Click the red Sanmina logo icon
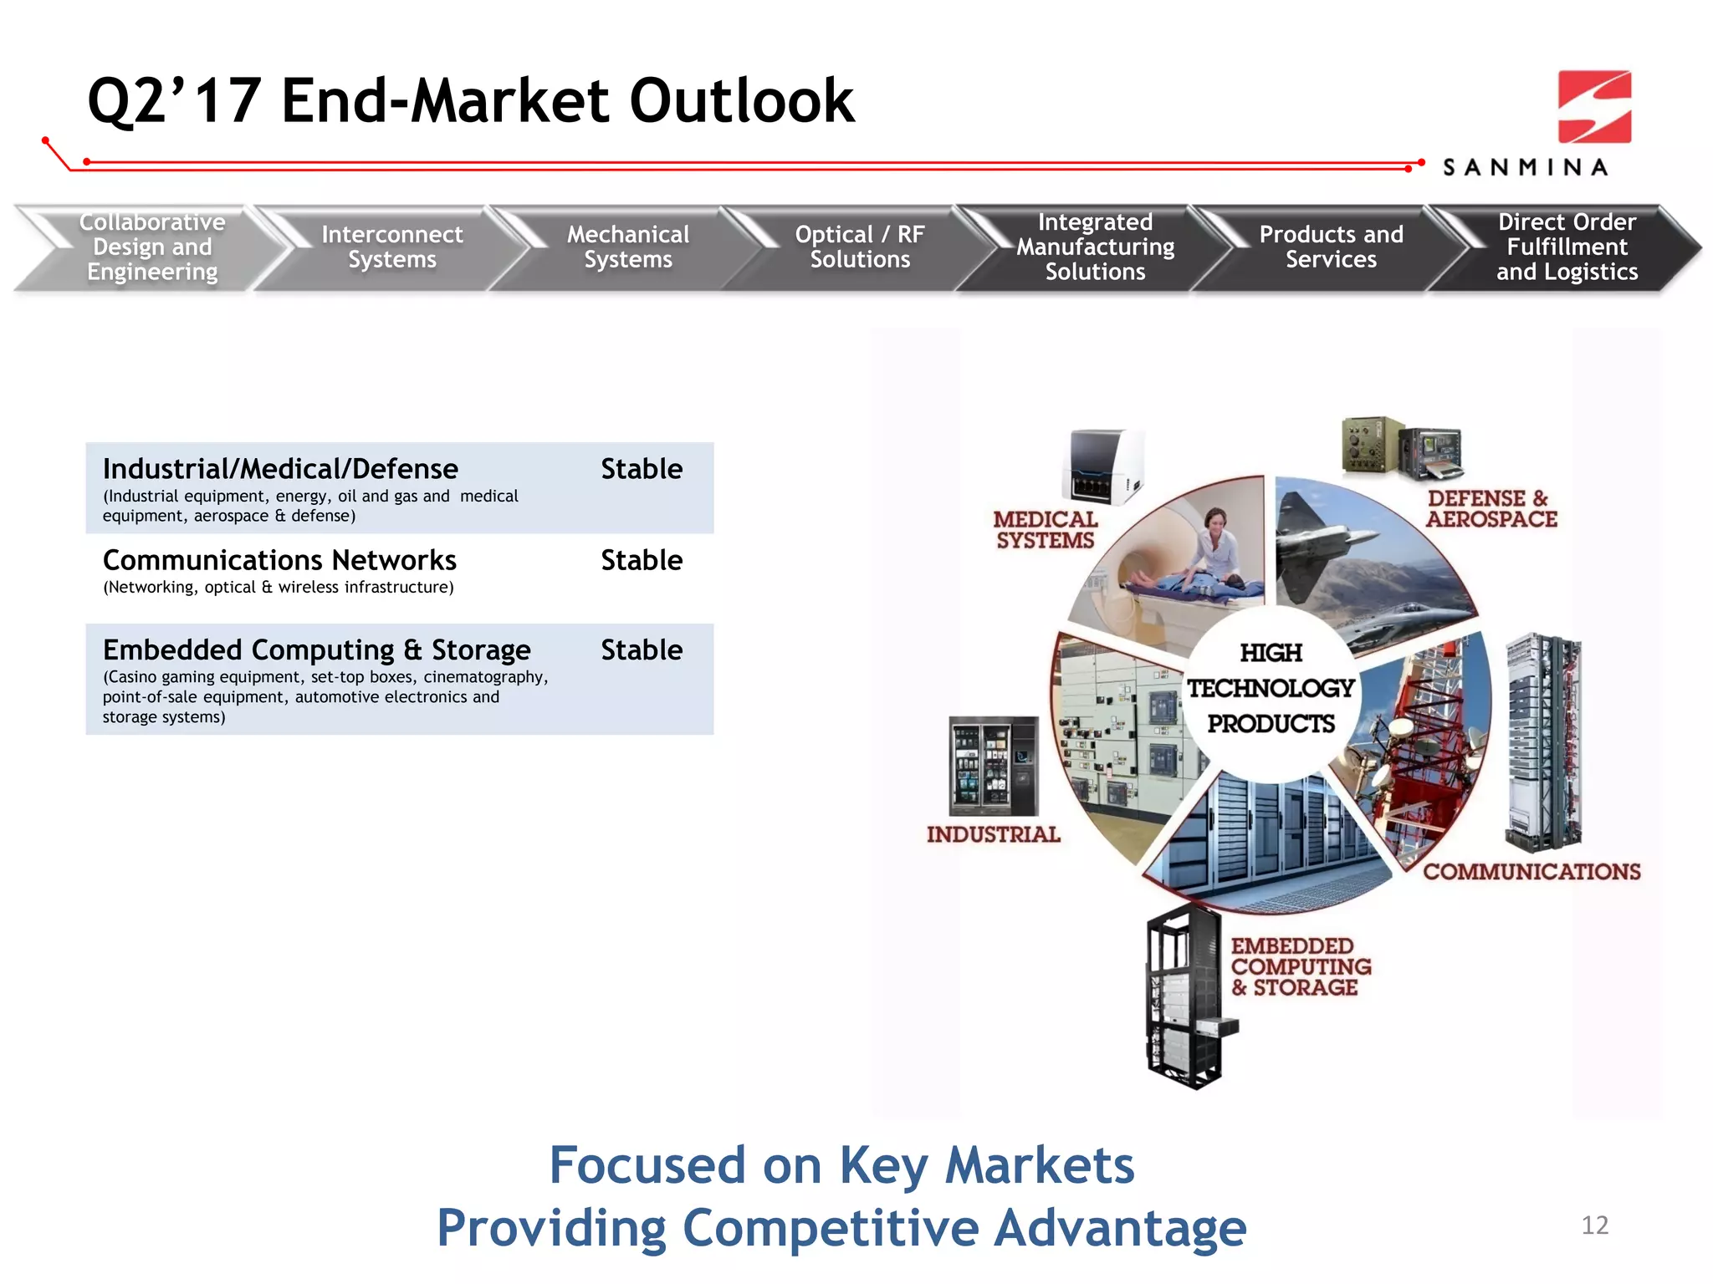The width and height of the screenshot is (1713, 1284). (1594, 107)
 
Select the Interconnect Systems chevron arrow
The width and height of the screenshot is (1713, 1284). (391, 247)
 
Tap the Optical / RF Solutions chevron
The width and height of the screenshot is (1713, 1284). (860, 247)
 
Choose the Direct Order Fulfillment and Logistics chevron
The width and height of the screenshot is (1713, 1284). (1566, 247)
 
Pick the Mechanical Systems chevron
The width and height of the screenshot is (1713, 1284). (627, 247)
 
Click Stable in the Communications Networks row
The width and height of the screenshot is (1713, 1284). (642, 560)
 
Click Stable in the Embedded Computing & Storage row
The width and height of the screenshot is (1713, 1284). (642, 650)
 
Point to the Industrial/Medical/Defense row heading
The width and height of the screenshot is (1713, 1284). (280, 469)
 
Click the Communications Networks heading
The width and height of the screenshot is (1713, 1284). (279, 560)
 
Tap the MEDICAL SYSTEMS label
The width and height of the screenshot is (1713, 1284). (1045, 530)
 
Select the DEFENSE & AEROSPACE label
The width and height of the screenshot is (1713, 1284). (1491, 508)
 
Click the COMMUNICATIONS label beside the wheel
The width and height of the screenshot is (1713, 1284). (1531, 872)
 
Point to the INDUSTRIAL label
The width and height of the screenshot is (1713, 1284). (993, 834)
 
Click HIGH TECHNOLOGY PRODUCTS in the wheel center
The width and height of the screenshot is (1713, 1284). (1271, 688)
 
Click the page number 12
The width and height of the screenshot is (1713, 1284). (1594, 1225)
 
